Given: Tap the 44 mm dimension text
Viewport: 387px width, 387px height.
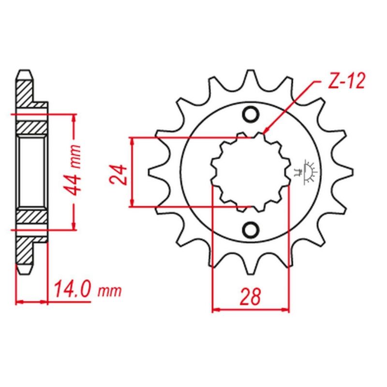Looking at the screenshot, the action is (73, 170).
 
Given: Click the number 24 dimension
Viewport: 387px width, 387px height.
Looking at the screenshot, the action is (118, 175).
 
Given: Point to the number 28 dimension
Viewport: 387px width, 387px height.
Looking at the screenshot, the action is (250, 297).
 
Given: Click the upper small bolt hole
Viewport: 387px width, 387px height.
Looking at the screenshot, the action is (251, 114).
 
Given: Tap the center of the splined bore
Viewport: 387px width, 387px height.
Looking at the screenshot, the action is (251, 172).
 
